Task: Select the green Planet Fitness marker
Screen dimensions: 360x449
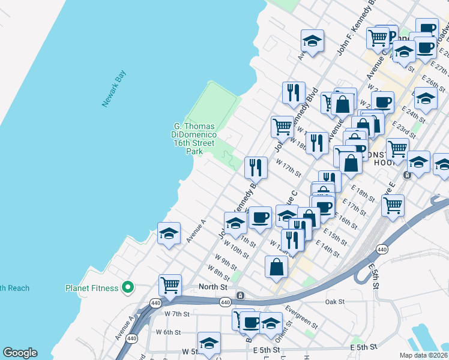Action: pyautogui.click(x=127, y=289)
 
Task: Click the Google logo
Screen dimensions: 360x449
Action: pyautogui.click(x=20, y=353)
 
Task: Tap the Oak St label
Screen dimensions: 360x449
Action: pyautogui.click(x=334, y=301)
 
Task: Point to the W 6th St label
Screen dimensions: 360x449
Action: pyautogui.click(x=168, y=332)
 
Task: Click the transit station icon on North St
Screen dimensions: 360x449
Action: pyautogui.click(x=240, y=295)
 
